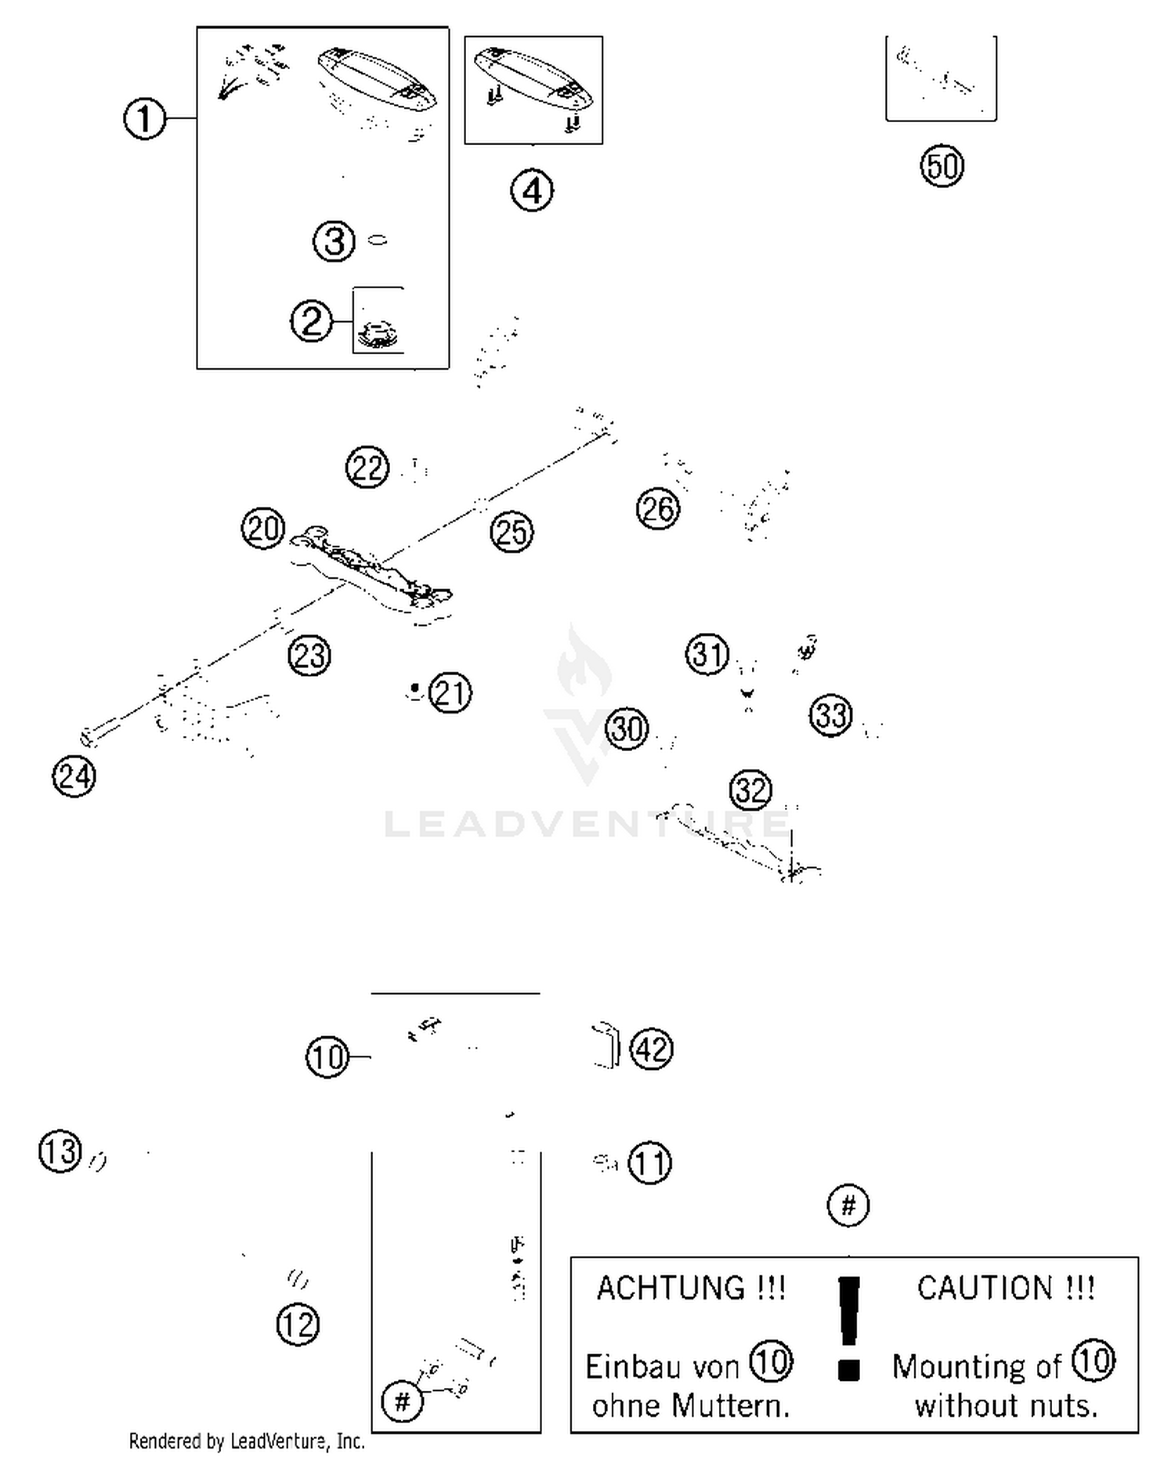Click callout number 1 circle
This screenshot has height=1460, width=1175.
[145, 120]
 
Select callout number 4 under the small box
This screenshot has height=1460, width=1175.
[532, 191]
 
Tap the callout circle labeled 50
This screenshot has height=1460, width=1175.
[942, 166]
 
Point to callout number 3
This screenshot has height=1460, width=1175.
[334, 241]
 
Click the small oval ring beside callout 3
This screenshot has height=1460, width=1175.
[378, 240]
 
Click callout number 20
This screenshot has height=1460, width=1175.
[262, 528]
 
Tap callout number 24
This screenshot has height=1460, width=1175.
[74, 776]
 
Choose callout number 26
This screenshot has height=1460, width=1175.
[657, 509]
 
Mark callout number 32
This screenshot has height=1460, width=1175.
[750, 790]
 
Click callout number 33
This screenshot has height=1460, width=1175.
[830, 714]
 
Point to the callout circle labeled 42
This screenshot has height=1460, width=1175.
[652, 1049]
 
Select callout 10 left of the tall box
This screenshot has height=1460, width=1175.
[327, 1057]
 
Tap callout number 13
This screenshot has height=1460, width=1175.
[60, 1152]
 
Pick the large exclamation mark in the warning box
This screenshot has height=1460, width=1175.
[849, 1324]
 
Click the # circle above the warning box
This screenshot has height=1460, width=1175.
[848, 1205]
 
